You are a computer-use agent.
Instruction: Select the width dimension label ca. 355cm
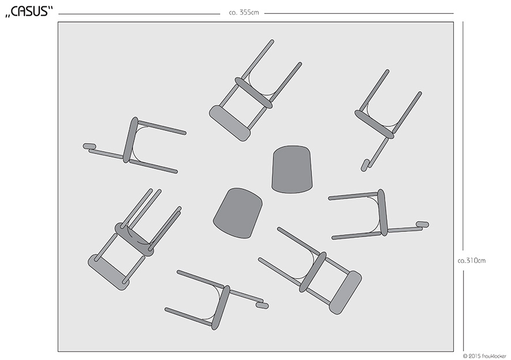pyautogui.click(x=244, y=13)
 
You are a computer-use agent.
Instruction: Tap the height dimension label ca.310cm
pyautogui.click(x=472, y=261)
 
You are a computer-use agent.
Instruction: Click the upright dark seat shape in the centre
pyautogui.click(x=292, y=169)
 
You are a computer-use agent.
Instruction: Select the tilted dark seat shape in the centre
pyautogui.click(x=238, y=213)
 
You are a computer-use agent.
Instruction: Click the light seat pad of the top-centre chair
pyautogui.click(x=230, y=123)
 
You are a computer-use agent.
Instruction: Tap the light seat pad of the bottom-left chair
pyautogui.click(x=108, y=272)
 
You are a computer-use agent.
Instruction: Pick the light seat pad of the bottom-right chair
pyautogui.click(x=345, y=292)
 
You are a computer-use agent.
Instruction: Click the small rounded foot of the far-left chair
pyautogui.click(x=89, y=146)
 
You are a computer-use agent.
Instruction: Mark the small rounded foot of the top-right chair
pyautogui.click(x=365, y=165)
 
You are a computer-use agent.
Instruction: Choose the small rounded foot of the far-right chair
pyautogui.click(x=422, y=224)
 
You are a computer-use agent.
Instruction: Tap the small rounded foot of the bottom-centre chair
pyautogui.click(x=262, y=306)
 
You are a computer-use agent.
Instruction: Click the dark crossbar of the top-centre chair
pyautogui.click(x=254, y=93)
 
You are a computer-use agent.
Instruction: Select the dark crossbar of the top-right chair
pyautogui.click(x=374, y=124)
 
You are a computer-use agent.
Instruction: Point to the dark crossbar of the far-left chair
pyautogui.click(x=130, y=140)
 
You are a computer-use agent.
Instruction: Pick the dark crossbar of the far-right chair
pyautogui.click(x=382, y=212)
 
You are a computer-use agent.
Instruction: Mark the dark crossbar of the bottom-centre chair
pyautogui.click(x=221, y=307)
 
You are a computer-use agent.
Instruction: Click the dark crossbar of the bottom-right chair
pyautogui.click(x=313, y=272)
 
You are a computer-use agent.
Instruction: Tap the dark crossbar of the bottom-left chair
pyautogui.click(x=134, y=239)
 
